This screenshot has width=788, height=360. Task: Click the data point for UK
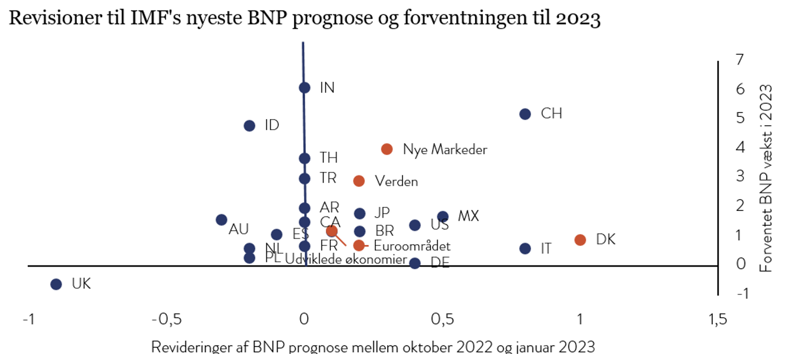tap(56, 284)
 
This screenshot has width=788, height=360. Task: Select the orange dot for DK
tap(580, 240)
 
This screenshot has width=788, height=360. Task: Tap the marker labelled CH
tap(525, 114)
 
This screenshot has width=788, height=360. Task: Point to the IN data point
tap(304, 87)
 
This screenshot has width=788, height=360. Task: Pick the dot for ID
tap(249, 126)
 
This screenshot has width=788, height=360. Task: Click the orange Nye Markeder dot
tap(387, 149)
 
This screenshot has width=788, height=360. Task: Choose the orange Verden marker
tap(359, 181)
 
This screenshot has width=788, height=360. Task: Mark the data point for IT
tap(525, 248)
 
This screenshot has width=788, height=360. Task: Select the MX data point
tap(443, 216)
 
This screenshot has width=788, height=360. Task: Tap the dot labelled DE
tap(415, 263)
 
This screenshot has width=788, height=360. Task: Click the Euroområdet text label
tap(412, 246)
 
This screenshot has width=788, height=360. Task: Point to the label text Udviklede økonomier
tap(345, 259)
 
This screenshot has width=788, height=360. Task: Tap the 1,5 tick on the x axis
tap(717, 320)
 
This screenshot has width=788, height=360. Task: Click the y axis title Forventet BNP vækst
tap(767, 178)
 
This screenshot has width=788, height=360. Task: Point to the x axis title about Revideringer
tap(373, 348)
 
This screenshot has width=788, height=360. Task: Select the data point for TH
tap(304, 158)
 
